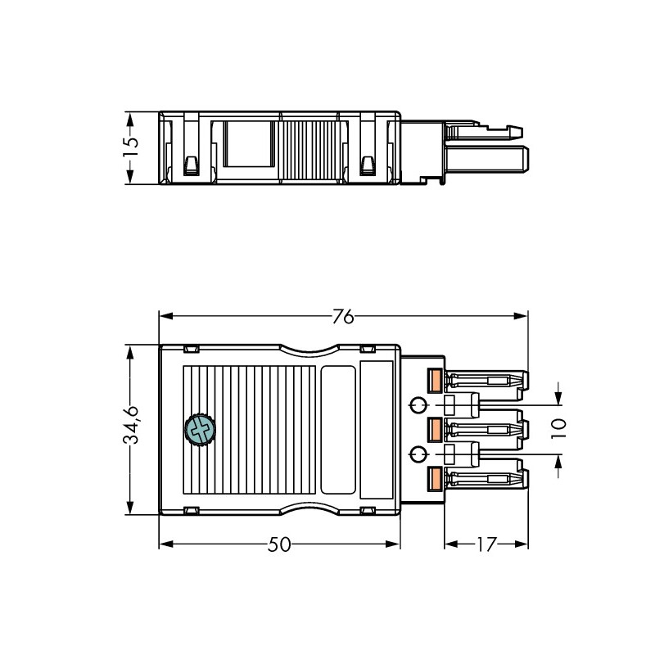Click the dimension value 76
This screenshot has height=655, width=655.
pyautogui.click(x=343, y=317)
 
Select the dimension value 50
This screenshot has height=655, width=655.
pyautogui.click(x=279, y=544)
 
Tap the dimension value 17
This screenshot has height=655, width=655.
pyautogui.click(x=486, y=544)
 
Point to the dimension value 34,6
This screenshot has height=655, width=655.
pyautogui.click(x=131, y=424)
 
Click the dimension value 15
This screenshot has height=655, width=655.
pyautogui.click(x=130, y=147)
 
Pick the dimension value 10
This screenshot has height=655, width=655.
pyautogui.click(x=558, y=428)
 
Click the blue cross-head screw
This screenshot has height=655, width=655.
pyautogui.click(x=200, y=430)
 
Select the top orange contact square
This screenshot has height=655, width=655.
pyautogui.click(x=436, y=381)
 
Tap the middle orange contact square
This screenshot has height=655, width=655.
pyautogui.click(x=436, y=429)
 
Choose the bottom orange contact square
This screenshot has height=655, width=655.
pyautogui.click(x=436, y=478)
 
